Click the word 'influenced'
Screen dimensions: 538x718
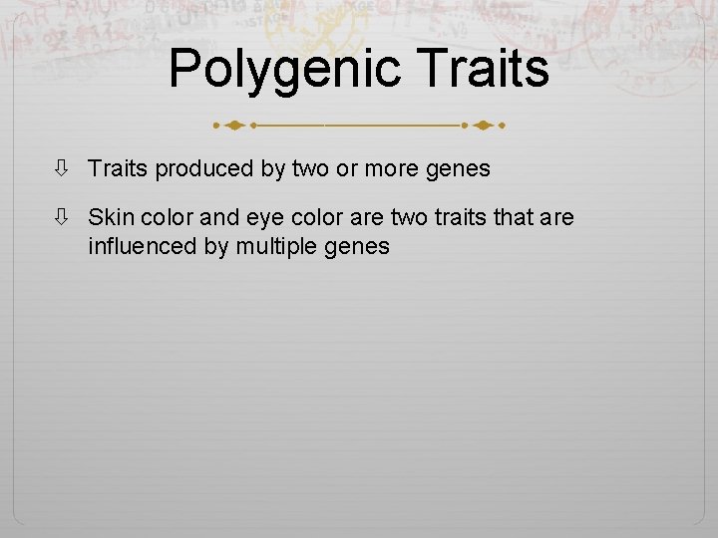pyautogui.click(x=144, y=245)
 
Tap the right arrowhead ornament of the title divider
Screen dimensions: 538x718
pyautogui.click(x=483, y=127)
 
